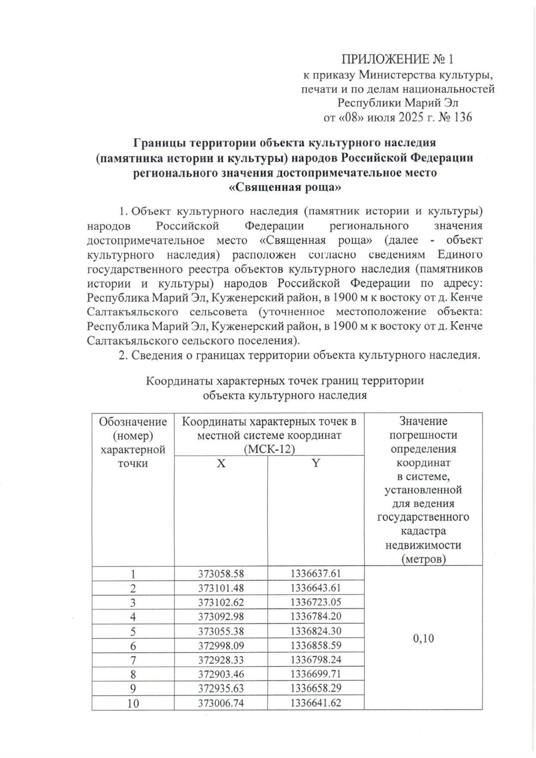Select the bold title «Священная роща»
285,188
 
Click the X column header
221,464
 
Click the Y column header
316,464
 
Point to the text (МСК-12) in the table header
269,449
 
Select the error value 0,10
423,638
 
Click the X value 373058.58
221,574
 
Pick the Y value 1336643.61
316,588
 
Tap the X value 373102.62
221,602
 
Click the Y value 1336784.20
316,617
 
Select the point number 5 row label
133,631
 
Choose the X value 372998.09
221,646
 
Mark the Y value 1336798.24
316,660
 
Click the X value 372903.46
221,674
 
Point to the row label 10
133,703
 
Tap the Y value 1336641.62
316,703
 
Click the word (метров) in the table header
423,559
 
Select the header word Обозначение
133,422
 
